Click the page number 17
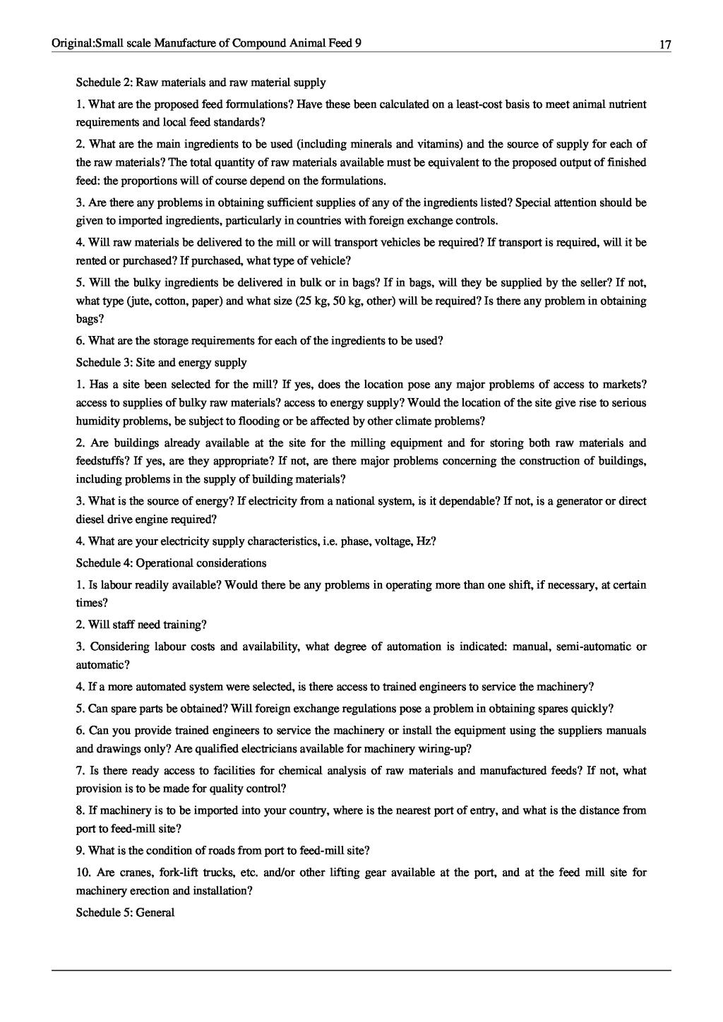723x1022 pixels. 664,44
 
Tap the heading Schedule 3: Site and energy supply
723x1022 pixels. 161,363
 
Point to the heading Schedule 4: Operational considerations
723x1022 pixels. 171,563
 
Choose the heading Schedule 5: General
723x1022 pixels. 125,913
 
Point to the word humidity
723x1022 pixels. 97,421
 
